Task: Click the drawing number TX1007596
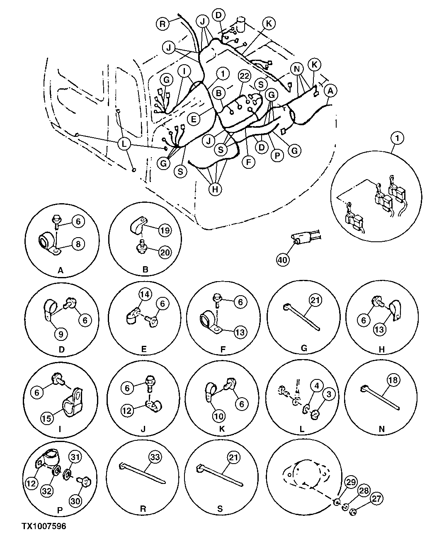(x=44, y=526)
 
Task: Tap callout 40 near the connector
(x=283, y=260)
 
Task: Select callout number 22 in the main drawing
(x=245, y=76)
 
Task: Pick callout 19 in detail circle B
(x=165, y=230)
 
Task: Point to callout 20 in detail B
(x=165, y=253)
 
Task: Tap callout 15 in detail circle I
(x=47, y=418)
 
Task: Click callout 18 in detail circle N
(x=392, y=380)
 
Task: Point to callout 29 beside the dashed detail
(x=351, y=482)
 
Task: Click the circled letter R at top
(x=163, y=24)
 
